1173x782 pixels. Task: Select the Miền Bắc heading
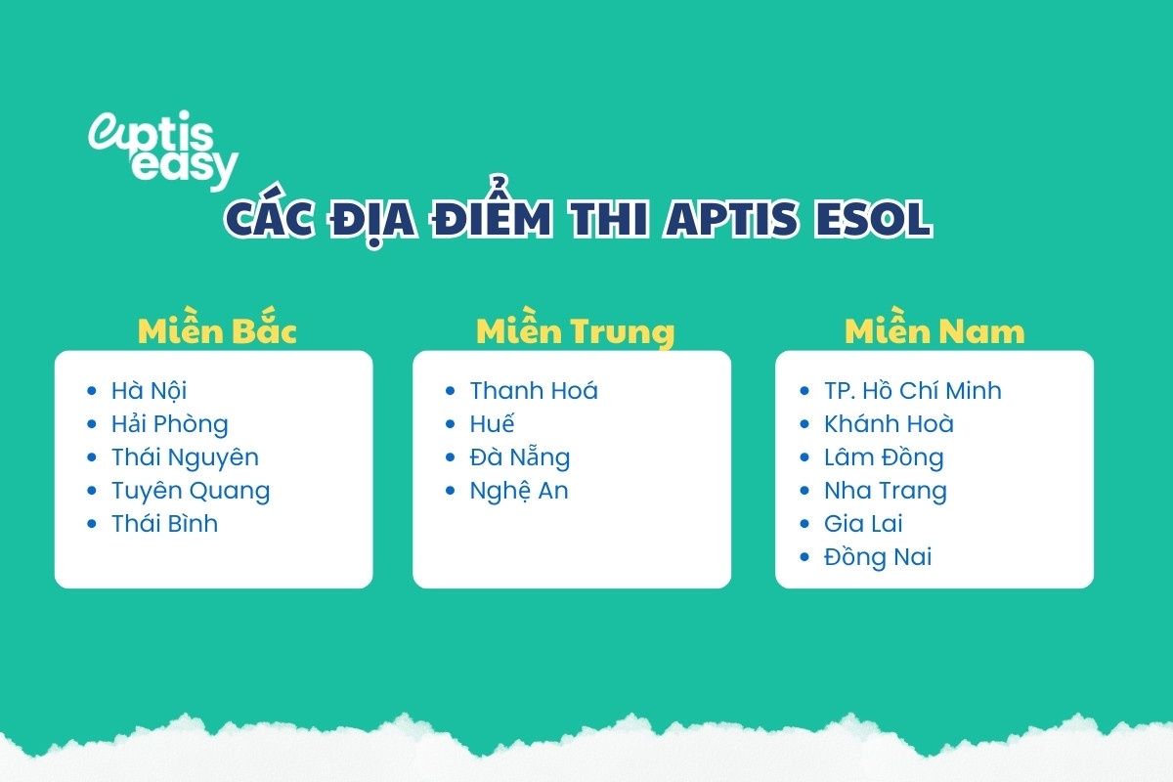coord(217,330)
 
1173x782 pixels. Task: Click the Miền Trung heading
coord(575,332)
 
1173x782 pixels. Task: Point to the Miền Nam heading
coord(934,331)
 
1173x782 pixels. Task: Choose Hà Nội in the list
coord(149,391)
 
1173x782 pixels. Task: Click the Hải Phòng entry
coord(169,424)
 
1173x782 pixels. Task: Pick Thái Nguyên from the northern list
coord(185,457)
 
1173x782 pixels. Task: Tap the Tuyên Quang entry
coord(190,491)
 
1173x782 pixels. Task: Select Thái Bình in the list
coord(164,523)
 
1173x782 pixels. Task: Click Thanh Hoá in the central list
coord(534,391)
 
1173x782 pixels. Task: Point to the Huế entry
coord(492,424)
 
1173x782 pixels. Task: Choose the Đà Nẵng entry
coord(519,457)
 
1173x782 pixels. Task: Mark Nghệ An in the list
coord(518,491)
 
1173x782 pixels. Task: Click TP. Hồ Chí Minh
coord(913,391)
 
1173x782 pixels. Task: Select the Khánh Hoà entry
coord(889,424)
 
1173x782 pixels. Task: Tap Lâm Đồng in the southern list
coord(884,457)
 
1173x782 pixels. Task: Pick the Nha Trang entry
coord(886,491)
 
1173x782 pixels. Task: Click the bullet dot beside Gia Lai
coord(804,524)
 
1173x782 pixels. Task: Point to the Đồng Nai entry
coord(878,557)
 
